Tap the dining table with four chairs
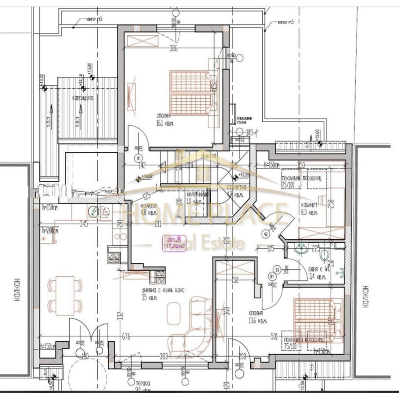point(65,293)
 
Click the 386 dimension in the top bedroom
point(173,49)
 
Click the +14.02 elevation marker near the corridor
point(146,176)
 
